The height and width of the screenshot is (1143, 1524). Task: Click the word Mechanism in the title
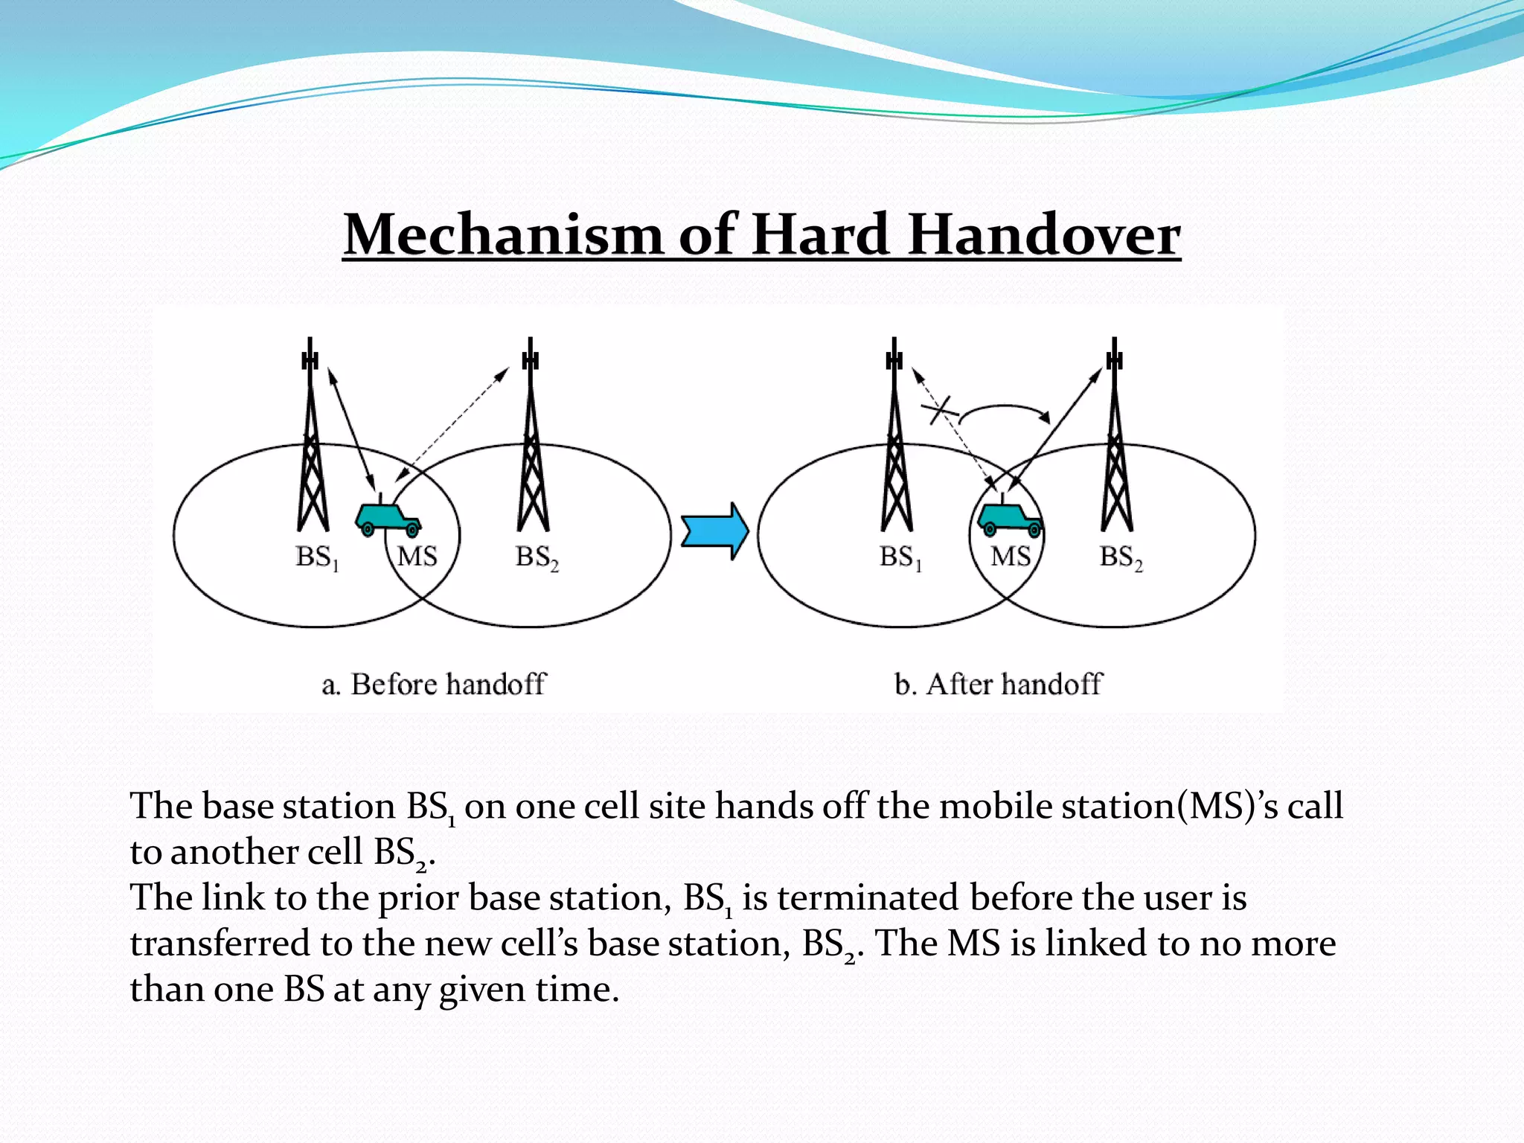click(502, 235)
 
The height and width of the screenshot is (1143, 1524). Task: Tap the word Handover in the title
click(1044, 235)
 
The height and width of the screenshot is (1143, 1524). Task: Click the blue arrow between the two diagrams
click(714, 531)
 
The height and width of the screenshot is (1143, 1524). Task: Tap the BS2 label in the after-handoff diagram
click(1121, 557)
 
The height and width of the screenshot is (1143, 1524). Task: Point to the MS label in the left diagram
click(417, 557)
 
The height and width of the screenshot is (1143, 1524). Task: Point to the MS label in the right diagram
click(1011, 557)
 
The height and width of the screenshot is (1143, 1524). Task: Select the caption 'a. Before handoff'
click(434, 684)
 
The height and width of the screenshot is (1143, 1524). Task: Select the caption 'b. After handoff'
click(998, 684)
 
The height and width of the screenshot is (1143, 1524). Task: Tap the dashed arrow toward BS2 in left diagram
click(454, 424)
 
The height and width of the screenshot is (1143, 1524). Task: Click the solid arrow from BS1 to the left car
click(351, 428)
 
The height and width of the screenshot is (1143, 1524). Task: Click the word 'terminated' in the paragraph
click(868, 897)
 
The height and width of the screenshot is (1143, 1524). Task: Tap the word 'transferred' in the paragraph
click(220, 944)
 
